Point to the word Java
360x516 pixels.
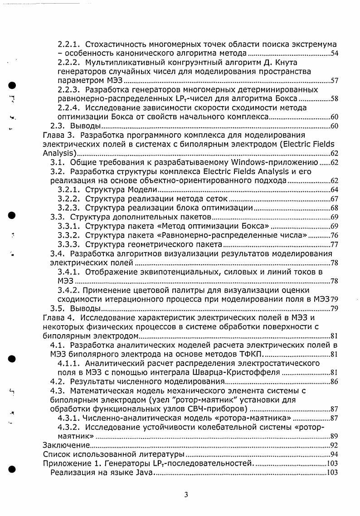point(143,473)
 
